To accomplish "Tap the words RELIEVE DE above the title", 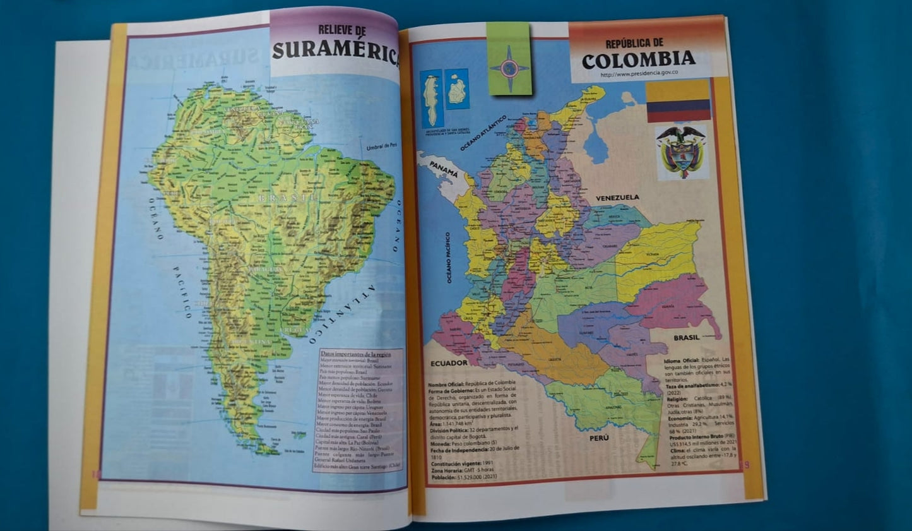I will tap(342, 30).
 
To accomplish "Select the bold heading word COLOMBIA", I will tap(638, 60).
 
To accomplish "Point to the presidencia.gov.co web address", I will tap(639, 74).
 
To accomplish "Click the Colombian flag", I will tap(678, 100).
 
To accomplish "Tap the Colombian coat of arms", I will tap(681, 151).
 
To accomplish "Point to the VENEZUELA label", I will tap(617, 197).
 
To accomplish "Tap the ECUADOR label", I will tap(449, 363).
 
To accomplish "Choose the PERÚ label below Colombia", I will tap(599, 437).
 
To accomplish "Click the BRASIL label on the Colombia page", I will tap(686, 338).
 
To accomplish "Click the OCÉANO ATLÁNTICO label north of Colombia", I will tap(483, 133).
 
